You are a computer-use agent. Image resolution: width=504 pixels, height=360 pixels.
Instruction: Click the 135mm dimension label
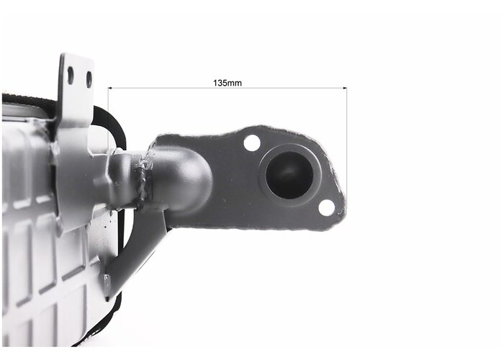pyautogui.click(x=228, y=83)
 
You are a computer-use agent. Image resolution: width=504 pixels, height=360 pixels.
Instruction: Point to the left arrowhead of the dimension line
pyautogui.click(x=109, y=88)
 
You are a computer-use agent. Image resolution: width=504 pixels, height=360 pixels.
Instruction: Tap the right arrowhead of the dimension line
pyautogui.click(x=345, y=88)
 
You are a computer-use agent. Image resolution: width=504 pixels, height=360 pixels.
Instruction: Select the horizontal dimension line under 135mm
pyautogui.click(x=228, y=88)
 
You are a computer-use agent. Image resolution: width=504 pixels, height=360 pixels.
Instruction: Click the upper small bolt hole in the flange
pyautogui.click(x=252, y=143)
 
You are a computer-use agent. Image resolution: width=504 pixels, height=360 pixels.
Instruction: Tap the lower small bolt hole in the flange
pyautogui.click(x=327, y=207)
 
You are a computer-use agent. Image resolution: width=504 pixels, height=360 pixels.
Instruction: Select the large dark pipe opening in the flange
pyautogui.click(x=289, y=175)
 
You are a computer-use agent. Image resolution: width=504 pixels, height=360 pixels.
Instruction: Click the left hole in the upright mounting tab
pyautogui.click(x=71, y=76)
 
